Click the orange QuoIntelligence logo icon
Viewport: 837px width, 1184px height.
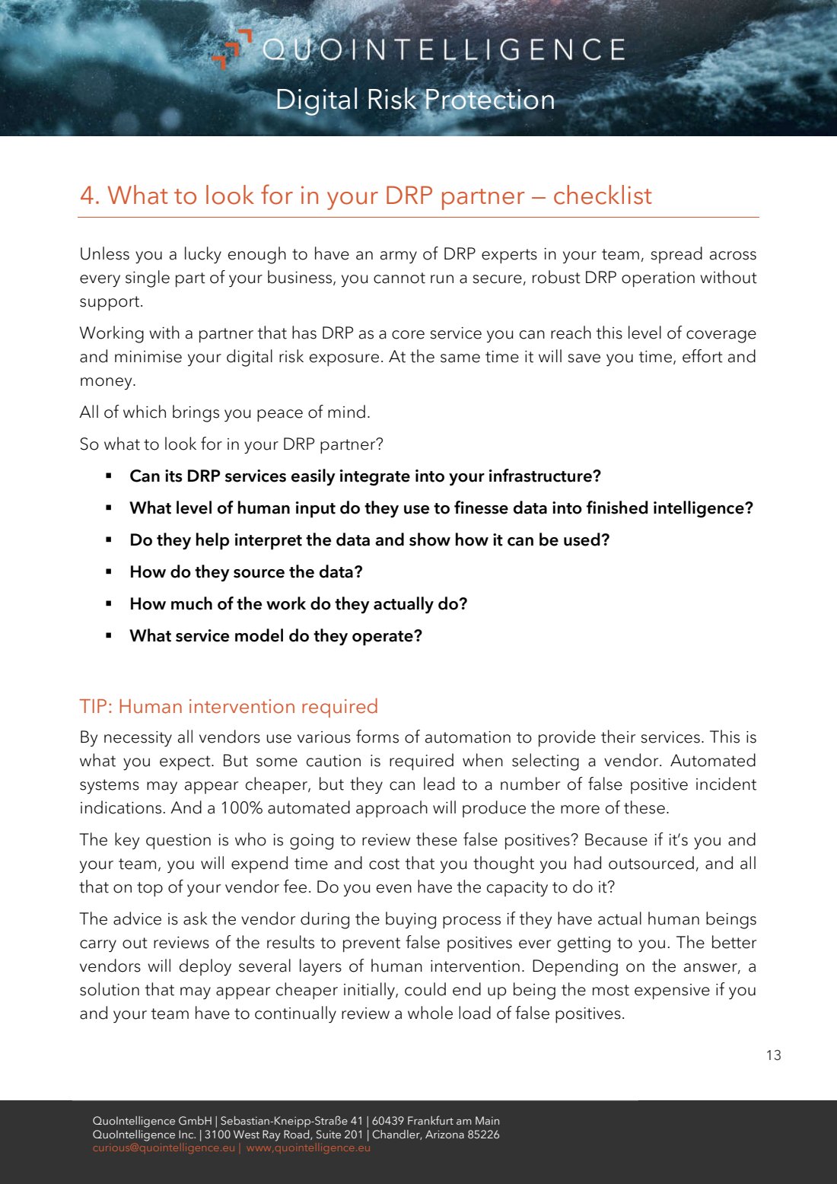coord(231,48)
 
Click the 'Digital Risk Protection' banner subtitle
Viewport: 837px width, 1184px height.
coord(415,100)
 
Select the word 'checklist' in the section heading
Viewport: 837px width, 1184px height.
coord(602,196)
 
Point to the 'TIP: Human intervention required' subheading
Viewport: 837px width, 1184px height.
coord(228,706)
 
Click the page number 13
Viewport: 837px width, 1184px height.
coord(773,1055)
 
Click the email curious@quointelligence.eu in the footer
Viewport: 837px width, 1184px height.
coord(164,1147)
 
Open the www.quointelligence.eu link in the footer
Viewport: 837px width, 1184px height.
coord(308,1147)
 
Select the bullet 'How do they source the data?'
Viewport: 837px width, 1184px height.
coord(246,571)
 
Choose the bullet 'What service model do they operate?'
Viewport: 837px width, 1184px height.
coord(275,635)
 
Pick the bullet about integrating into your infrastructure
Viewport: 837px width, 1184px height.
coord(364,476)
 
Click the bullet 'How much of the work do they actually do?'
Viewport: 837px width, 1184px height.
coord(298,603)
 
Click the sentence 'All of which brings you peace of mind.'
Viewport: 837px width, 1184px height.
coord(224,412)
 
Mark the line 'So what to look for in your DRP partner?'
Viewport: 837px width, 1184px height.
coord(231,444)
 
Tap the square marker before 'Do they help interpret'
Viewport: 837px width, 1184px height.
coord(109,539)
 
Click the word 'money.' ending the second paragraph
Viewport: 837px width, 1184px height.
coord(107,380)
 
